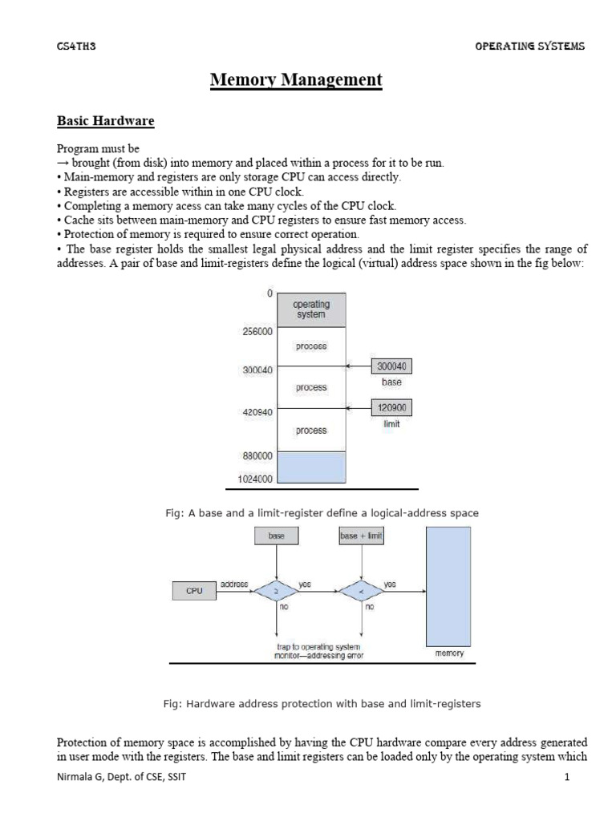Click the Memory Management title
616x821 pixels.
click(x=296, y=80)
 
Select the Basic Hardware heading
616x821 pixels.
click(x=105, y=121)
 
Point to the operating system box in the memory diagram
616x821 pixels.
click(x=311, y=309)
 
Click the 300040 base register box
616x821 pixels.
click(x=391, y=366)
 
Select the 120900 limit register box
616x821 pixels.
click(x=391, y=407)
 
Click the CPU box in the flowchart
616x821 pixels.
click(x=194, y=591)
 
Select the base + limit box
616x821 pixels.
click(x=361, y=536)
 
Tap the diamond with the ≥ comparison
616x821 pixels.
click(x=277, y=591)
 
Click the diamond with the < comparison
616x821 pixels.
click(x=361, y=591)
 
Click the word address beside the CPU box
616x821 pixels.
click(x=233, y=584)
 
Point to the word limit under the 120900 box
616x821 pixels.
click(x=391, y=423)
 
